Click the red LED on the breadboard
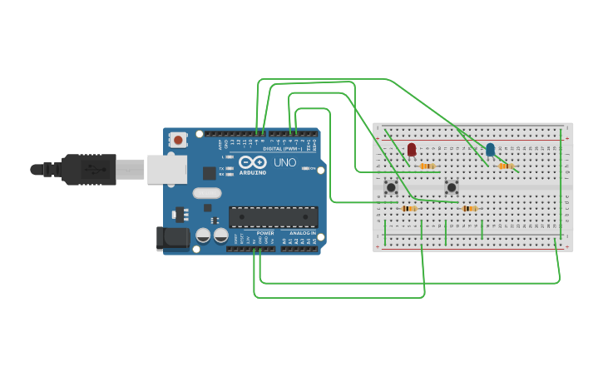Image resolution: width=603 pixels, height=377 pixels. coord(411,149)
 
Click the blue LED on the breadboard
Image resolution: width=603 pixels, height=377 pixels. coord(490,149)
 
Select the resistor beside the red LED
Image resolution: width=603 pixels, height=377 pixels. coord(428,166)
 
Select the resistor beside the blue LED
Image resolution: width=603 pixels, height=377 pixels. coord(505,166)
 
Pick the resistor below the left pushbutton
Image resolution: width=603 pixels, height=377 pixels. coord(408,208)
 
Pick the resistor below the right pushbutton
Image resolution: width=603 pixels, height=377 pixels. coord(469,208)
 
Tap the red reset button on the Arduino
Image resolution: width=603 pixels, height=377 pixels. coord(177,141)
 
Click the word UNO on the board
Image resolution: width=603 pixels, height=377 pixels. coord(284,162)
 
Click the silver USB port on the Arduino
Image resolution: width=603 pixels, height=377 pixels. coord(166,169)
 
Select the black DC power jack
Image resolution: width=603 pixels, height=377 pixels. coord(173,238)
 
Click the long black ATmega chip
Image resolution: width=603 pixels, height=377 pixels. coord(273,216)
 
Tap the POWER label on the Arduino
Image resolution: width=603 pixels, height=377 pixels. coord(265,232)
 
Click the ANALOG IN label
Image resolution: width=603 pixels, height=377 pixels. coord(303,232)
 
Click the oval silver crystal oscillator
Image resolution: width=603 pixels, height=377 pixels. coord(207,193)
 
